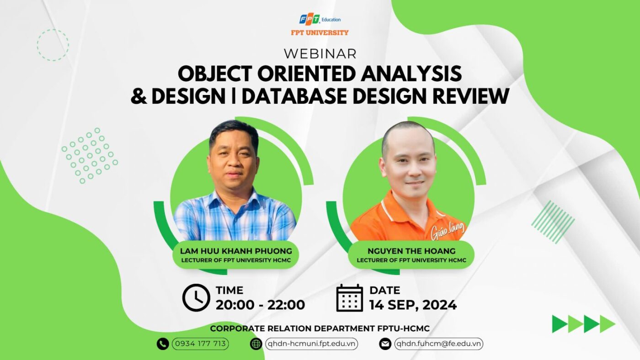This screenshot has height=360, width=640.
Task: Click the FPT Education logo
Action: pyautogui.click(x=320, y=19)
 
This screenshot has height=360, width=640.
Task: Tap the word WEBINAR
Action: pyautogui.click(x=320, y=54)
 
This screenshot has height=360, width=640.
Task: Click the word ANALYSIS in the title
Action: pyautogui.click(x=411, y=74)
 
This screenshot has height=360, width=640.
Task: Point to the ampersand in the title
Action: pyautogui.click(x=139, y=96)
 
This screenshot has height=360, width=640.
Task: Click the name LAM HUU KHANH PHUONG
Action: pyautogui.click(x=236, y=251)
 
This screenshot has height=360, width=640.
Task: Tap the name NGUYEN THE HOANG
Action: pyautogui.click(x=411, y=251)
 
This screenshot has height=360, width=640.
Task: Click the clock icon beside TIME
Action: pyautogui.click(x=196, y=297)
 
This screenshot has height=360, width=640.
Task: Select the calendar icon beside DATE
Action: pyautogui.click(x=350, y=298)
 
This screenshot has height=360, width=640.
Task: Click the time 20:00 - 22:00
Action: pyautogui.click(x=260, y=305)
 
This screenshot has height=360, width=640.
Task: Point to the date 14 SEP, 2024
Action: pyautogui.click(x=413, y=305)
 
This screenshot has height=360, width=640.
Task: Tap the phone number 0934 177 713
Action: pyautogui.click(x=200, y=344)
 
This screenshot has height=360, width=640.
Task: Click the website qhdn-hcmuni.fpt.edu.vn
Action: pyautogui.click(x=311, y=344)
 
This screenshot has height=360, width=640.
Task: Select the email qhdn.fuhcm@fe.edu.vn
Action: pyautogui.click(x=438, y=344)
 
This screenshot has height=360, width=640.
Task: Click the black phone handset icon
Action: pyautogui.click(x=163, y=344)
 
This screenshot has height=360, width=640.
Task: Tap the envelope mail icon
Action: pyautogui.click(x=385, y=344)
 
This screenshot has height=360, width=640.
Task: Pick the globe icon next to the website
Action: pyautogui.click(x=256, y=344)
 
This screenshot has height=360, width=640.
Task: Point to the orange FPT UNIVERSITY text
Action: pyautogui.click(x=320, y=33)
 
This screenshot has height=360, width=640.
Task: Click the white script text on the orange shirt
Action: pyautogui.click(x=448, y=231)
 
